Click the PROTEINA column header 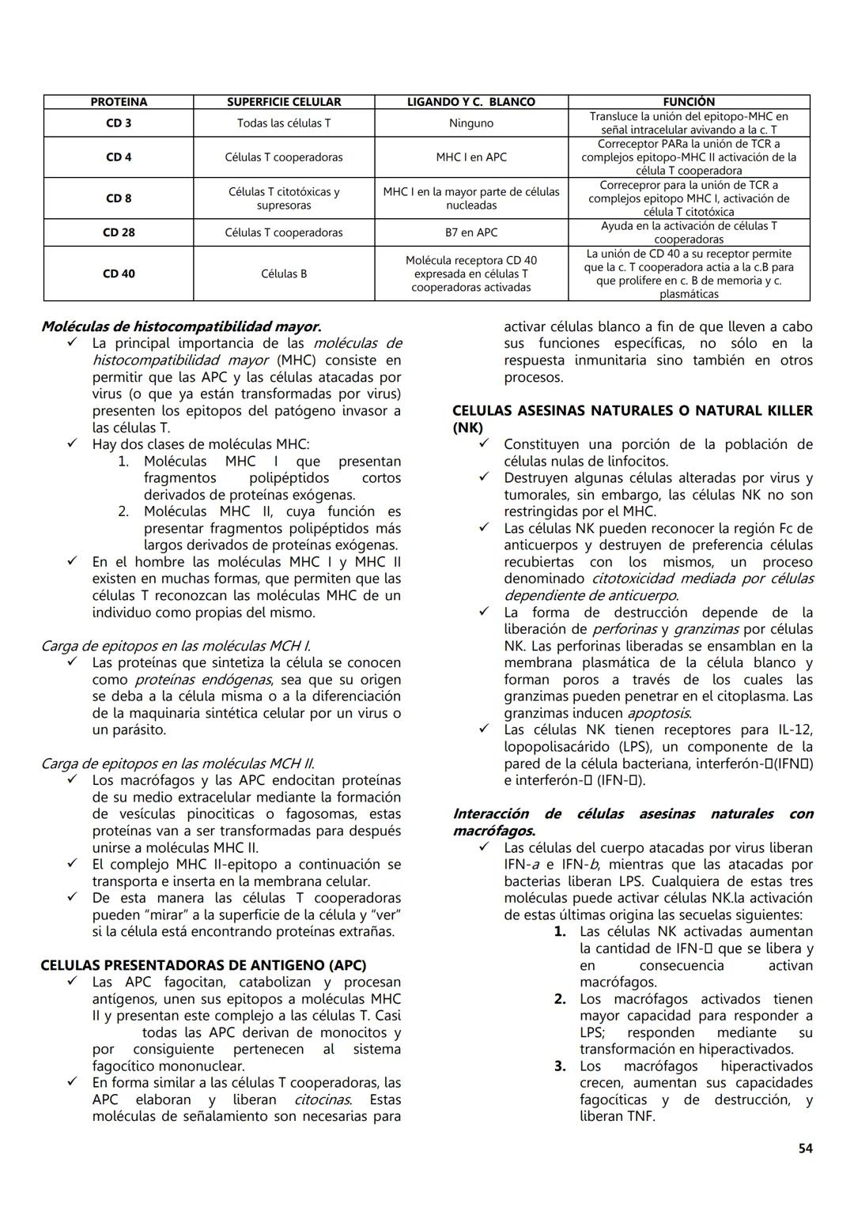119,102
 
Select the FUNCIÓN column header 688,102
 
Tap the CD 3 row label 119,123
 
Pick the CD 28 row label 119,232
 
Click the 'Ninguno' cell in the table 470,123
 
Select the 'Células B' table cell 283,273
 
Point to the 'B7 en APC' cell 470,232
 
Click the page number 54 805,1149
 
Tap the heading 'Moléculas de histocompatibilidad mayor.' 181,326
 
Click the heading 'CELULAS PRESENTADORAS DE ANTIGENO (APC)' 203,965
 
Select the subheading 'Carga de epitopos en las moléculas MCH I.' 175,646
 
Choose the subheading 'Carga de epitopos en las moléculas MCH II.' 177,764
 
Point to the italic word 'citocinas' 323,1100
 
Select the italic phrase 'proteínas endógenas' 203,680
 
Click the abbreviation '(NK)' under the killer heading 467,428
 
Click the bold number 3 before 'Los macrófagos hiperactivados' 560,1066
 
